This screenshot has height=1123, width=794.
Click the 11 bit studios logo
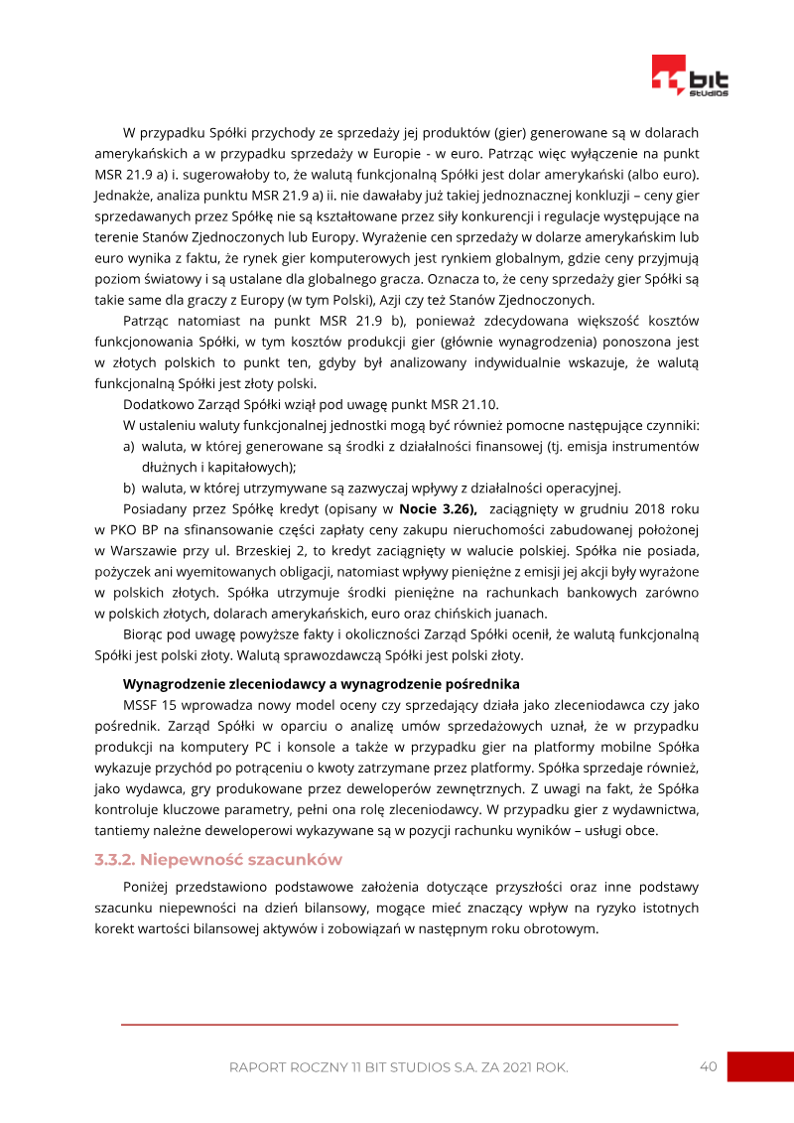pyautogui.click(x=690, y=76)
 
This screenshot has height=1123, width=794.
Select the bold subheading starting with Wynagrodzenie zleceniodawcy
pyautogui.click(x=321, y=684)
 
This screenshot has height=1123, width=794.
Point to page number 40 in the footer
pyautogui.click(x=708, y=1066)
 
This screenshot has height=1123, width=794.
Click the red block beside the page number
pyautogui.click(x=760, y=1066)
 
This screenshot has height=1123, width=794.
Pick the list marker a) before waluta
pyautogui.click(x=130, y=447)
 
